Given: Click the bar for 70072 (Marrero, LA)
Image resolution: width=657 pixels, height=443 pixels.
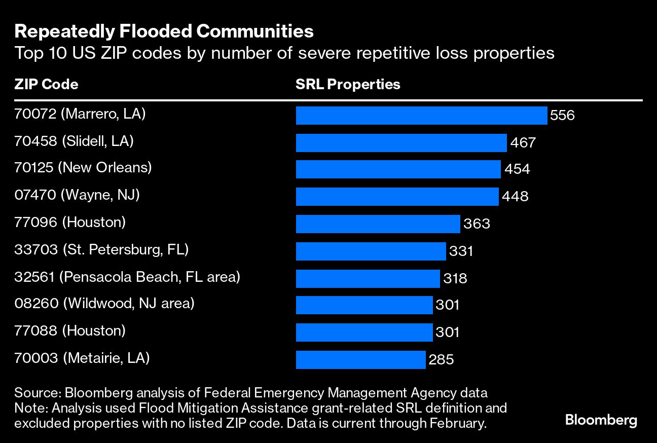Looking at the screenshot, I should pos(421,116).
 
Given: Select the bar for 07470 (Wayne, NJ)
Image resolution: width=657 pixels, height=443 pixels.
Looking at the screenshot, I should pos(397,197).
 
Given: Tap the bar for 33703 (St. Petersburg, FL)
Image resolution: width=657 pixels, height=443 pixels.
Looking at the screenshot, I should pos(371,251).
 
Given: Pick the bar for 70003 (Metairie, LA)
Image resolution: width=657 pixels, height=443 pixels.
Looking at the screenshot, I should pos(360,359).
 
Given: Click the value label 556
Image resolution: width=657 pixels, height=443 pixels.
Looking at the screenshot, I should pos(563,116).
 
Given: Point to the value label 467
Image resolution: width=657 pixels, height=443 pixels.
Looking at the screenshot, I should pos(523,143).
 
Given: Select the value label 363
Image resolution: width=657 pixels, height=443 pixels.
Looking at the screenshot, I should pos(477,224).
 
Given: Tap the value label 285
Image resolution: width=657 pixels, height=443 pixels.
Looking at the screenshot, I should pos(441,360).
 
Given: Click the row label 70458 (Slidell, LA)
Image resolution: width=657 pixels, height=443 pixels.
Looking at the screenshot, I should pos(74,141).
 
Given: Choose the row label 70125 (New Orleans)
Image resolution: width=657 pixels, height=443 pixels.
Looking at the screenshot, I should pos(83,168).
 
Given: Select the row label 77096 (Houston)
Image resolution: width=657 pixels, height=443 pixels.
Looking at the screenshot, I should pos(70,222).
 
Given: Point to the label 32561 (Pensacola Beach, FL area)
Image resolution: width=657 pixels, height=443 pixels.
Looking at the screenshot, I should pos(127,277).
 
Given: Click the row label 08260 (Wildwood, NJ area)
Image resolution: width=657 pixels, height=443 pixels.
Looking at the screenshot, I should pos(104,304).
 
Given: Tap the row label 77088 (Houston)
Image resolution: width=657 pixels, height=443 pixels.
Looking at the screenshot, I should pos(70,331).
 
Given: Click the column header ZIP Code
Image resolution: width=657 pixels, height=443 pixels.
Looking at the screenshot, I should pos(46,84).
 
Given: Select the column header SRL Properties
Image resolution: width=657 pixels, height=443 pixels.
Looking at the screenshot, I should pos(348,84).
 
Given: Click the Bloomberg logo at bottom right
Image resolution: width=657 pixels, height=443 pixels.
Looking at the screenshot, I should pos(601,420).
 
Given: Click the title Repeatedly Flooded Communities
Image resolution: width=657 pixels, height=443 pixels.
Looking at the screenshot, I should pos(164,32).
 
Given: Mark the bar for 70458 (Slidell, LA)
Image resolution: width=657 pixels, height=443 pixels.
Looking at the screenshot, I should pos(401,143).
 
